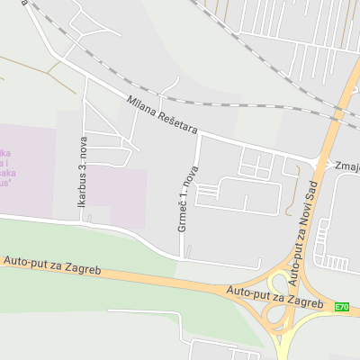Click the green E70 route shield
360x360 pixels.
click(x=341, y=307)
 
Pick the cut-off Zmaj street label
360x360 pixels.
click(x=346, y=167)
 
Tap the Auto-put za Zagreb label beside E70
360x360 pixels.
click(x=274, y=297)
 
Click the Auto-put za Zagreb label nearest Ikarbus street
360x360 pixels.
click(x=51, y=266)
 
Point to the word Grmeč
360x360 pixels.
click(x=183, y=220)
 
